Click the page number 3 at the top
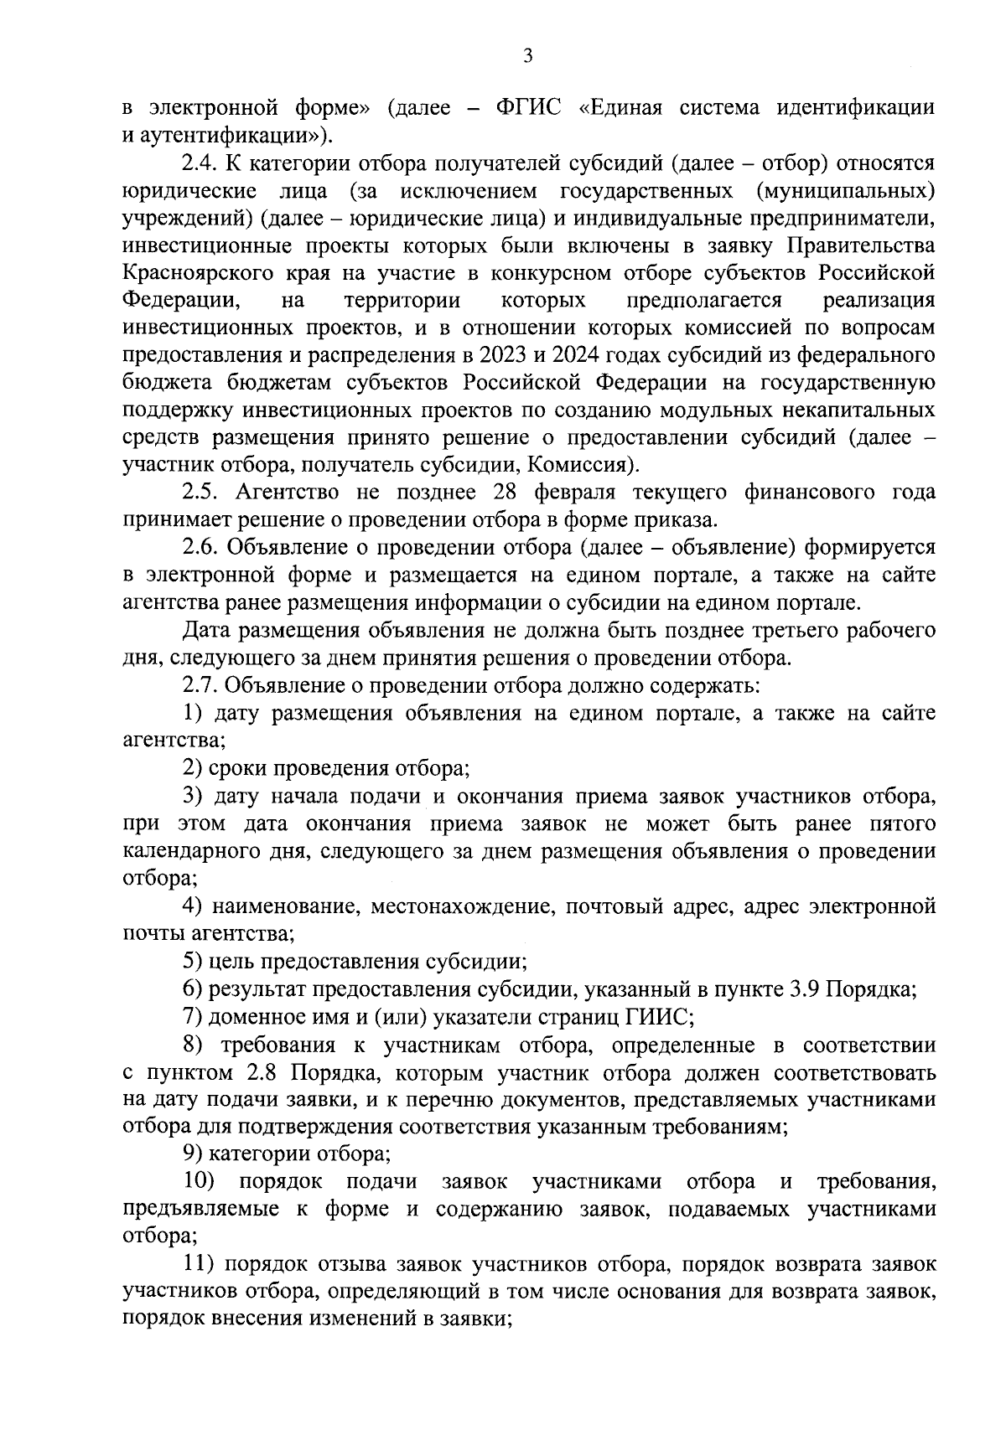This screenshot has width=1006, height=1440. pyautogui.click(x=527, y=56)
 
